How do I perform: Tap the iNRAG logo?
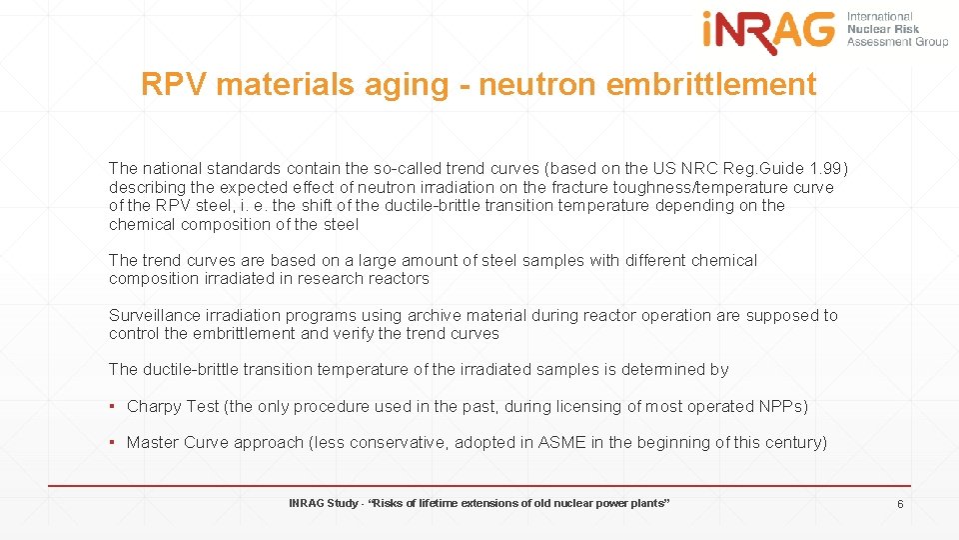[x=768, y=32]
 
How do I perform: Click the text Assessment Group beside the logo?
[x=898, y=42]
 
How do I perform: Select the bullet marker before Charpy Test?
[x=114, y=406]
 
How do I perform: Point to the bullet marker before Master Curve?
[x=114, y=442]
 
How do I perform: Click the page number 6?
[x=899, y=504]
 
